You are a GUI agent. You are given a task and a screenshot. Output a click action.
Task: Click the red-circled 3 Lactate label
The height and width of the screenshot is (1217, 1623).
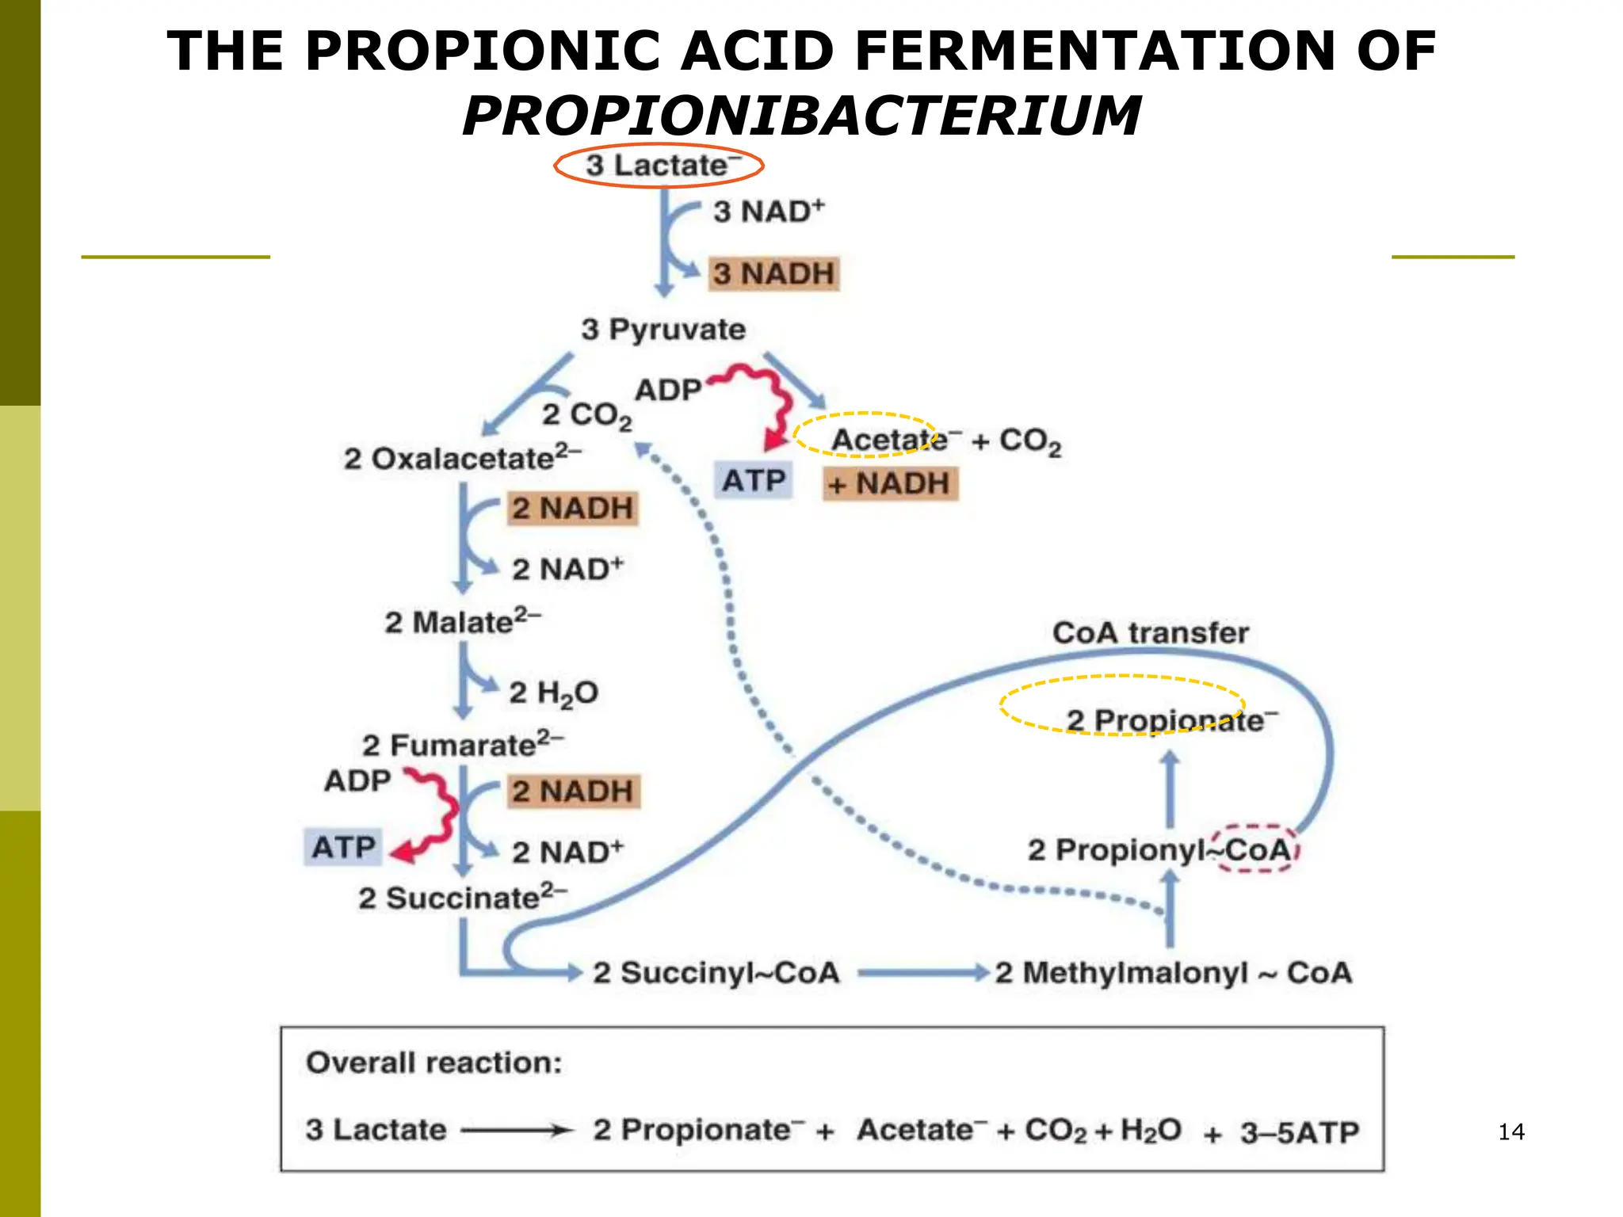coord(659,166)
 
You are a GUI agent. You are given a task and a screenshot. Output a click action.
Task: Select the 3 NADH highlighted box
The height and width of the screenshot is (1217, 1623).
coord(773,273)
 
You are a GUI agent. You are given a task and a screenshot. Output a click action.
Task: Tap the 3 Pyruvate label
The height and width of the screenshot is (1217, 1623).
coord(663,329)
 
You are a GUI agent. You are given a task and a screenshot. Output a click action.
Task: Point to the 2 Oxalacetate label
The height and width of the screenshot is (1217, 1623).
coord(462,457)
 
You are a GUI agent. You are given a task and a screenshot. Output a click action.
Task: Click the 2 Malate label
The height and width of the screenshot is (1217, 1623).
coord(463,621)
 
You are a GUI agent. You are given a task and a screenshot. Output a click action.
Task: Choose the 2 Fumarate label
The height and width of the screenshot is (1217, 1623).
coord(463,744)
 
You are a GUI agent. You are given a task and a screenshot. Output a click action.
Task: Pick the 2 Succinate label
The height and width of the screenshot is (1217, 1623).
coord(462,898)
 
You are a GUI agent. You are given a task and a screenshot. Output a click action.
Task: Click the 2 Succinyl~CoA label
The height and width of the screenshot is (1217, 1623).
coord(716,972)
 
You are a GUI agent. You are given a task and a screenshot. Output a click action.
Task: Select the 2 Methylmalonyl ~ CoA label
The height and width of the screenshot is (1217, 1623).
coord(1173,972)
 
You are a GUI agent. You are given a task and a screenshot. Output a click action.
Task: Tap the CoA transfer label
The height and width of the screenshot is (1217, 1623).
coord(1150,632)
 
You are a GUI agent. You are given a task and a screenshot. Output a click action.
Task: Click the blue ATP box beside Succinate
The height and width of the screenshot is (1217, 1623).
coord(343,847)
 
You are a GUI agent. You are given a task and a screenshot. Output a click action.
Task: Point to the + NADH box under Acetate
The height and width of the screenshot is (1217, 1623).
coord(890,483)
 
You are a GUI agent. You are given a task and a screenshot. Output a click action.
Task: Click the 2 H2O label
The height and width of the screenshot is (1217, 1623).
coord(553,693)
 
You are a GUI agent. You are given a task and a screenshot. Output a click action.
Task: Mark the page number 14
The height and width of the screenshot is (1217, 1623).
coord(1511,1131)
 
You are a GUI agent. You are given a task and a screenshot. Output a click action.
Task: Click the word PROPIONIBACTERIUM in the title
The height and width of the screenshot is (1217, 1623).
coord(801,116)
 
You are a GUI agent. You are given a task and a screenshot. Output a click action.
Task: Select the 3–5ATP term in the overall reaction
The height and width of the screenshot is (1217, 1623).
coord(1300,1132)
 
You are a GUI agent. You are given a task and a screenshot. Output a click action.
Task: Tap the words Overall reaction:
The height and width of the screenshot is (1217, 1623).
coord(433,1062)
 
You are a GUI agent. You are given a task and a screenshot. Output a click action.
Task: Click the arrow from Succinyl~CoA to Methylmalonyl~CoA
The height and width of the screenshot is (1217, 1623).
coord(923,972)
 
